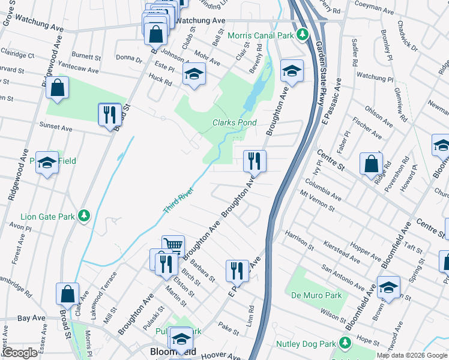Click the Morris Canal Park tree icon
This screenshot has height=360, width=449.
coord(304,35)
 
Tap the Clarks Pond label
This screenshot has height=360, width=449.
coord(235,122)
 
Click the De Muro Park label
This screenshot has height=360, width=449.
coord(316,295)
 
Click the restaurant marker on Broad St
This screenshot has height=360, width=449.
coord(109,114)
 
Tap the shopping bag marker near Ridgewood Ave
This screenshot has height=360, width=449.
coord(57,88)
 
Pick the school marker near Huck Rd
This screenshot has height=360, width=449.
coord(194,74)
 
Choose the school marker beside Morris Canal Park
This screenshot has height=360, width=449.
coord(292,72)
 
